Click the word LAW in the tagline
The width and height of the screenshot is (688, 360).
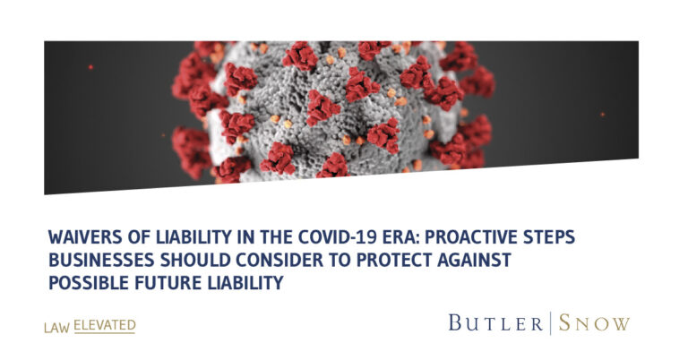click(x=56, y=328)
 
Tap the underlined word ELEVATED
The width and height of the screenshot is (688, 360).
click(x=105, y=326)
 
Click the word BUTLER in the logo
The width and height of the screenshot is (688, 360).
click(x=495, y=323)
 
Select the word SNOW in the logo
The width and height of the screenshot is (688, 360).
click(x=594, y=323)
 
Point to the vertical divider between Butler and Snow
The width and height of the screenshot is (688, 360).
click(x=551, y=323)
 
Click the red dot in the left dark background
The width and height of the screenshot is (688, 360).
click(x=90, y=67)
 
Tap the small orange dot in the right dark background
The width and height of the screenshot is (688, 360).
click(x=602, y=115)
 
